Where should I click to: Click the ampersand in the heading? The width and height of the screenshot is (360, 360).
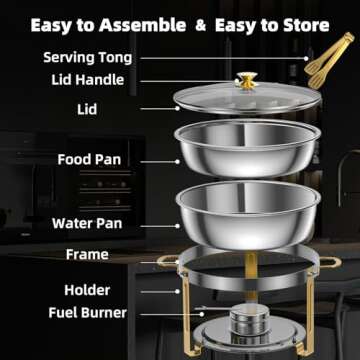coord(211,23)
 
